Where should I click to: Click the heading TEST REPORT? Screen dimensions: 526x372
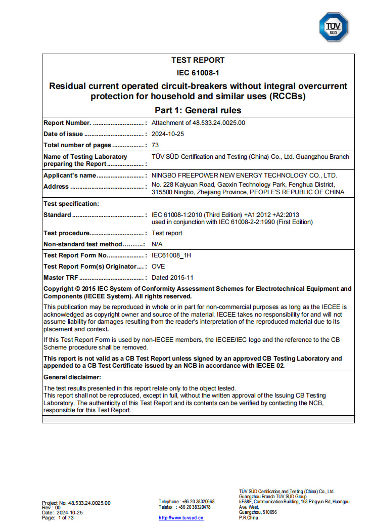point(198,60)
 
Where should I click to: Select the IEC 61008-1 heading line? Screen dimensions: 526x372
point(198,73)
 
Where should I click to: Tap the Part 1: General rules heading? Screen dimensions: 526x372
point(198,110)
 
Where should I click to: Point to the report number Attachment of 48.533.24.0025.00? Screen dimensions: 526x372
point(198,122)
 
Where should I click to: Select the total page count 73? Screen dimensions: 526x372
point(156,146)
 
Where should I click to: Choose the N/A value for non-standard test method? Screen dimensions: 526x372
point(157,244)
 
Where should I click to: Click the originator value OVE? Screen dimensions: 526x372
point(158,267)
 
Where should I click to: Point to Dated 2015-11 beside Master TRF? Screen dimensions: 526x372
point(172,278)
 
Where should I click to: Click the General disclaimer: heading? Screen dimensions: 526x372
point(72,377)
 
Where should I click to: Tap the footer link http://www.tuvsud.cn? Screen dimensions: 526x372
point(181,518)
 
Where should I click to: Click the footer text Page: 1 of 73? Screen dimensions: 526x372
point(58,518)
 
